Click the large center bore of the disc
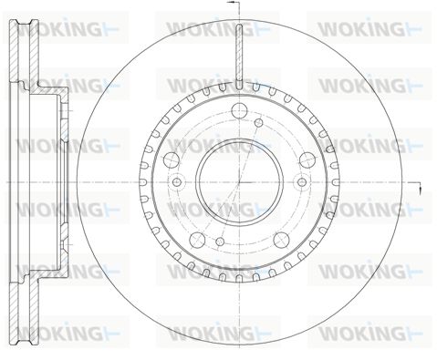click(x=239, y=182)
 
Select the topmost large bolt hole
click(x=239, y=110)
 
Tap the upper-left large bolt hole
click(x=172, y=159)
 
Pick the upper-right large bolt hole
click(x=307, y=159)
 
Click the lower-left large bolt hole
click(x=197, y=240)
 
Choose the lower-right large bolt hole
click(x=281, y=240)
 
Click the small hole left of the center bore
click(x=177, y=182)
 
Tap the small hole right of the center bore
click(x=302, y=182)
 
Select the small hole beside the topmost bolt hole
click(x=259, y=122)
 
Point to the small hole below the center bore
click(x=220, y=242)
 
